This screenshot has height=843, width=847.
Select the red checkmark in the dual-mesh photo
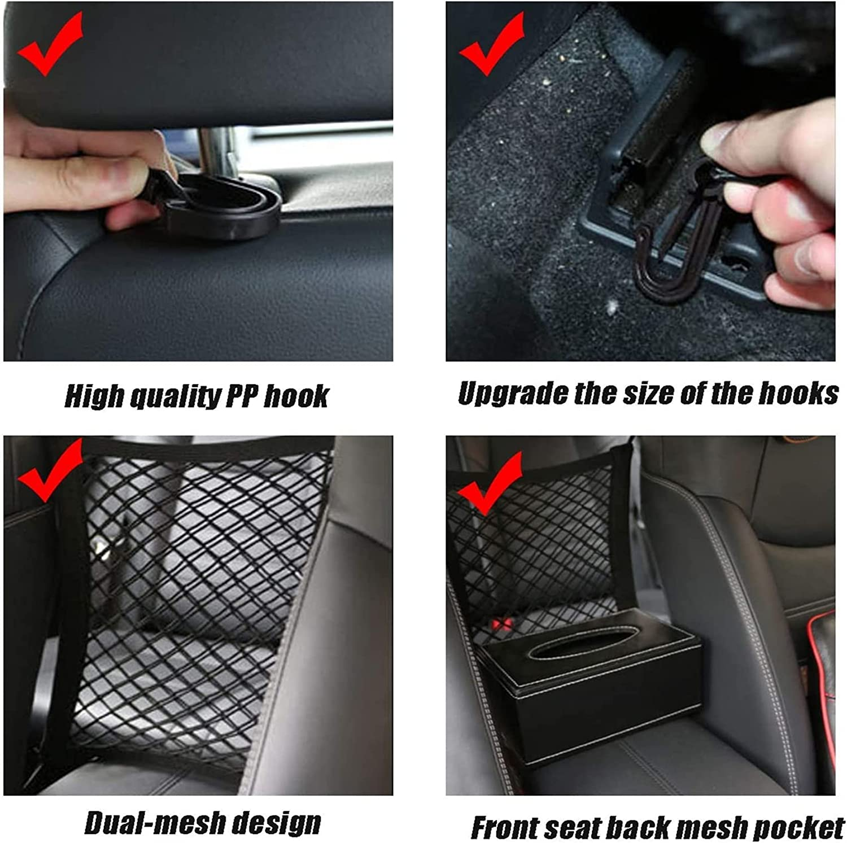pos(50,471)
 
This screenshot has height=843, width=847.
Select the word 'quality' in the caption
pos(176,396)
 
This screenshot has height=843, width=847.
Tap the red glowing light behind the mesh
pos(500,624)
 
